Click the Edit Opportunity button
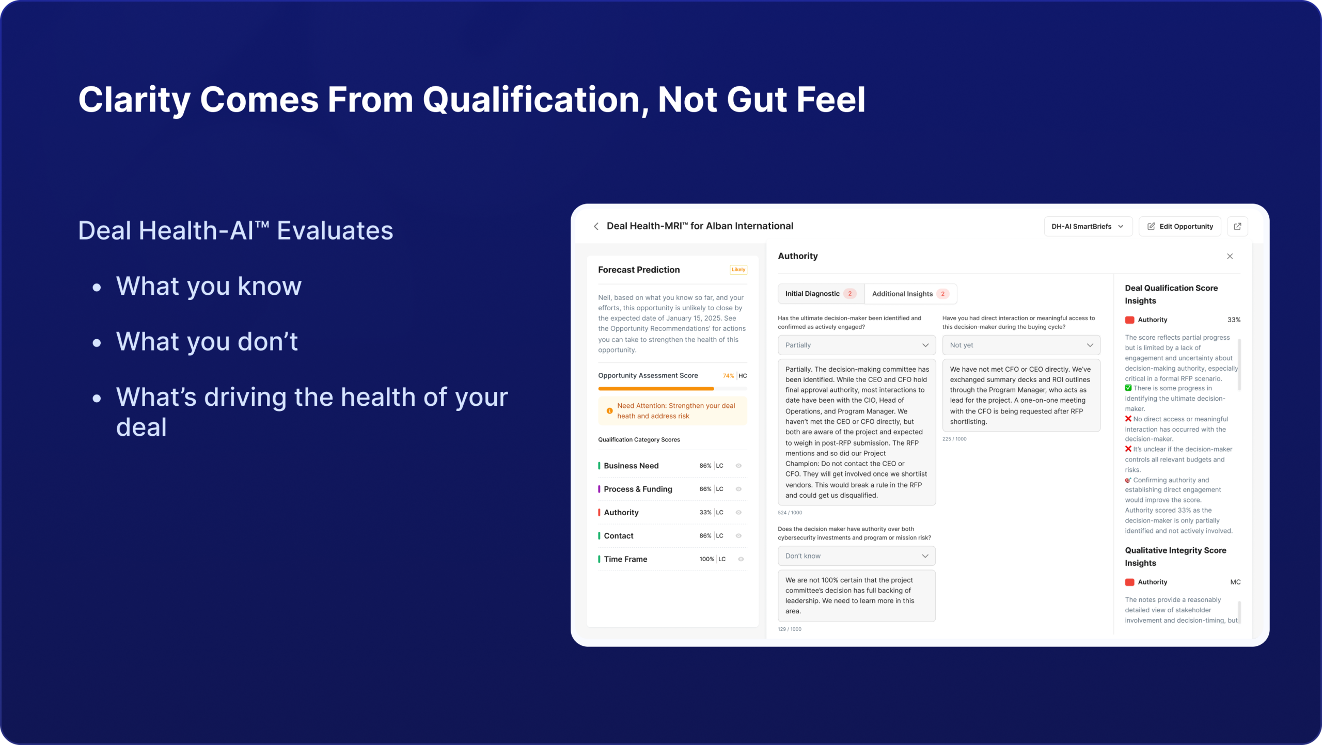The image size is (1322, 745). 1179,226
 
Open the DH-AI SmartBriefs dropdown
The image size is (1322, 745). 1088,226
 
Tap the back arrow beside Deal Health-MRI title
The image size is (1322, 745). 596,226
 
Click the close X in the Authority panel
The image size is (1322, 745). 1230,256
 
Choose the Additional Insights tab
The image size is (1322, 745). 910,294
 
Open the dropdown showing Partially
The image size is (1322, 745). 857,345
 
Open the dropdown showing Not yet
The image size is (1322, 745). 1021,345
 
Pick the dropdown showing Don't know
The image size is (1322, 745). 857,556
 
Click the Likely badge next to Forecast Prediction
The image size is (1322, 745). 738,270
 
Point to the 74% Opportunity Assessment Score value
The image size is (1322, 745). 728,376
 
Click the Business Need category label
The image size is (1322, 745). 631,466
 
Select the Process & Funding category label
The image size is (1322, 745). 638,489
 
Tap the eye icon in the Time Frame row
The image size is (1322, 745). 741,559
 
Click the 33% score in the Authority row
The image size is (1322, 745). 705,512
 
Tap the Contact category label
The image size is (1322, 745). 618,536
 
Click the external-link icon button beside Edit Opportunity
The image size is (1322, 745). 1237,226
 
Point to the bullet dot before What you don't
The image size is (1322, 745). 97,343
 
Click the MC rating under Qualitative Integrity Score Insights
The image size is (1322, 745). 1235,582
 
